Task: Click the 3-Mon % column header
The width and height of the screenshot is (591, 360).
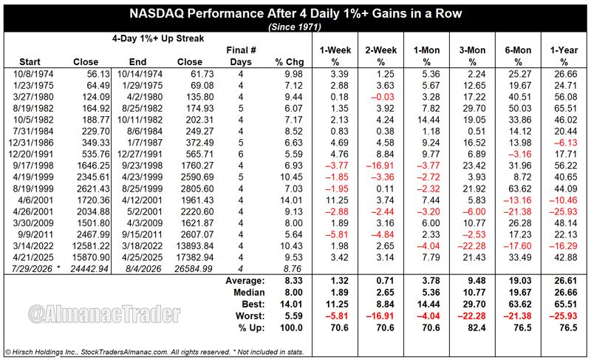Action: [x=472, y=55]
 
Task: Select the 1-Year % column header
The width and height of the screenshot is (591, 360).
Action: [x=564, y=55]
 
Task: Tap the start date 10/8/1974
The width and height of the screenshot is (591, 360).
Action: [x=33, y=74]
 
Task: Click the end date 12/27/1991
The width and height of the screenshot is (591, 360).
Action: [x=140, y=154]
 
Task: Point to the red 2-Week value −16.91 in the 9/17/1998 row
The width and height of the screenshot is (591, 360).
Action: [x=380, y=166]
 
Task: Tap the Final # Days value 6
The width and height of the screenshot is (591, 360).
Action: [x=241, y=154]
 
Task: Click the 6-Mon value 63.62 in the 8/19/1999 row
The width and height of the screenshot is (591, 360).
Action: [x=520, y=189]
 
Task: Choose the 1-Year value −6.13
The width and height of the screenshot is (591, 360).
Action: [x=566, y=143]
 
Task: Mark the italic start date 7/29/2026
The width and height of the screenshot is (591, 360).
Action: [x=33, y=269]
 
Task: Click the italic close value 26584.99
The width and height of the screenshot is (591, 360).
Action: [x=194, y=269]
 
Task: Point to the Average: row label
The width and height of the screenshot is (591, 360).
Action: [x=245, y=280]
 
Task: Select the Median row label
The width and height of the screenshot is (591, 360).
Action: [x=249, y=292]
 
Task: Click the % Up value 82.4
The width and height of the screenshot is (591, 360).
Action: [x=476, y=327]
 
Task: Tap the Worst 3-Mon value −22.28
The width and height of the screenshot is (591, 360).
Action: [x=471, y=316]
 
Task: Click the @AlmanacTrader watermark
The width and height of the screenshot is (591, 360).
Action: [x=104, y=314]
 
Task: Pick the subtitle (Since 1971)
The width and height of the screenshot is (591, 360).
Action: [x=295, y=27]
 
